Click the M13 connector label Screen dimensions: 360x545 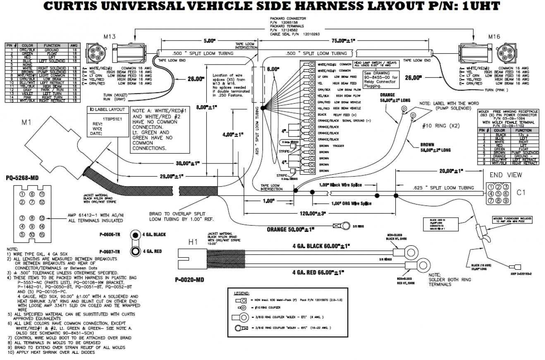109,36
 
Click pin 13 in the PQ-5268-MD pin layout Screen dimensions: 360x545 42,218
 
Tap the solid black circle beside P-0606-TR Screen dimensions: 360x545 135,234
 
